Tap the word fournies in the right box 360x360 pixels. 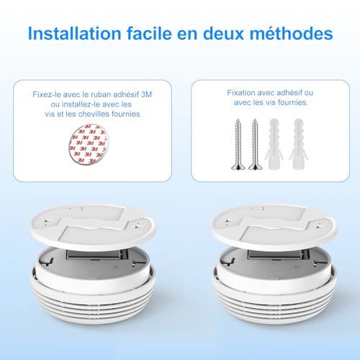coord(292,103)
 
